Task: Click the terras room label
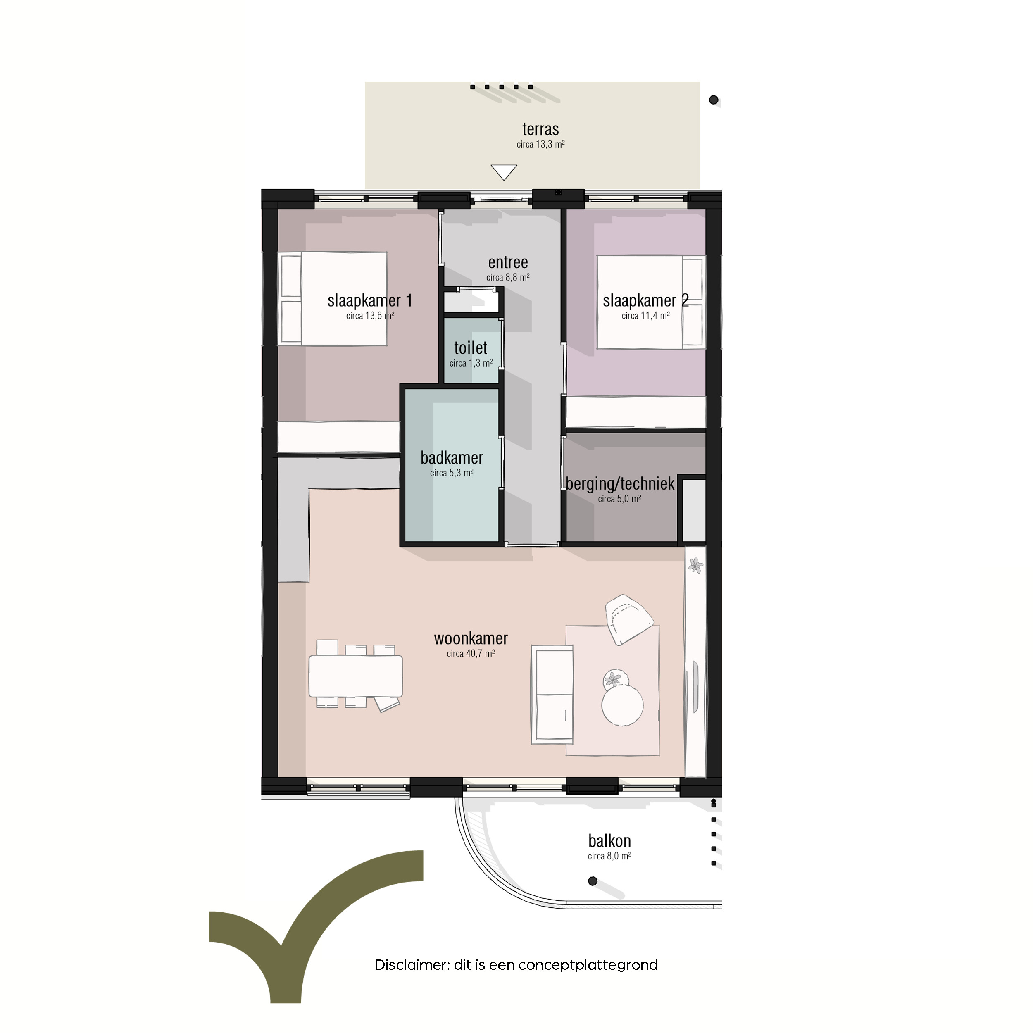click(x=540, y=129)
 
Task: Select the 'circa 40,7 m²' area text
click(x=471, y=653)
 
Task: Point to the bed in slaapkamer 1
click(x=333, y=299)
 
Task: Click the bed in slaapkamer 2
click(x=651, y=302)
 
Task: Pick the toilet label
click(x=471, y=348)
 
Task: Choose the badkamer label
click(x=452, y=458)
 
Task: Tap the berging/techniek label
click(x=620, y=484)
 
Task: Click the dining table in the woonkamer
click(x=356, y=676)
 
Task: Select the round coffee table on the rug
click(x=622, y=705)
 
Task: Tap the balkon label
click(x=609, y=841)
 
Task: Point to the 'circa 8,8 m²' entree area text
click(x=508, y=278)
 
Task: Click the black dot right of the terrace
click(x=713, y=100)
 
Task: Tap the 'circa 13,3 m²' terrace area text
click(x=540, y=144)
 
